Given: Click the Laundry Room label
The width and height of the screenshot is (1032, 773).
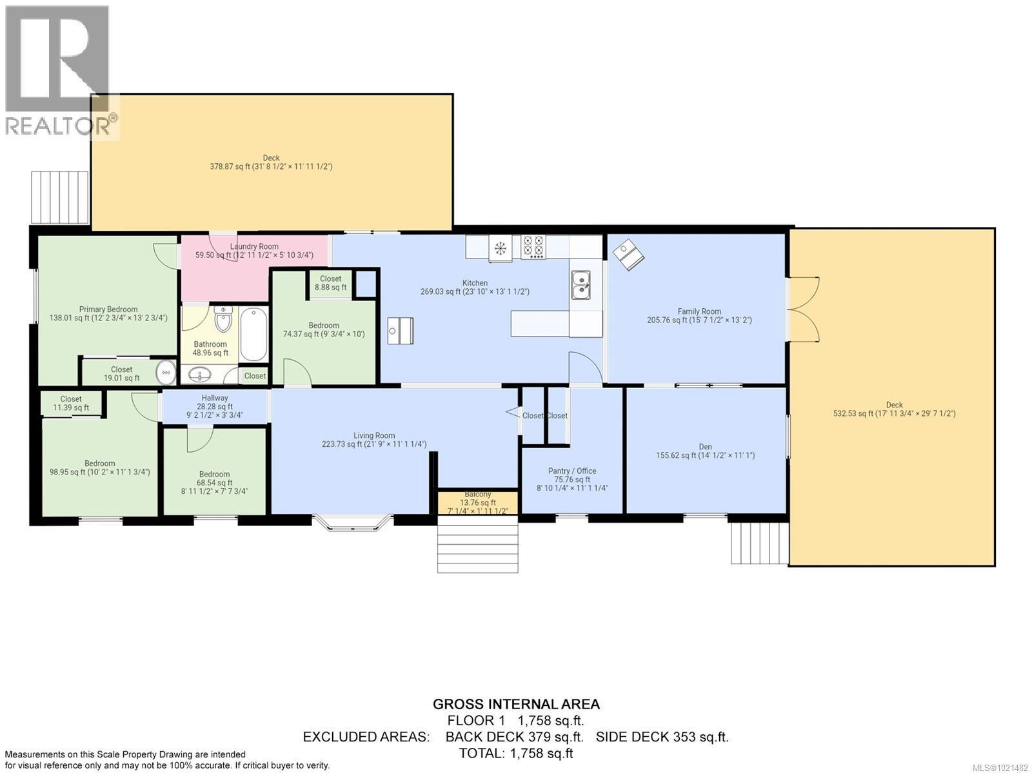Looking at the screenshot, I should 254,250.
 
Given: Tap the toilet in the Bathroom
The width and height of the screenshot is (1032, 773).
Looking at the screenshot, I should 223,319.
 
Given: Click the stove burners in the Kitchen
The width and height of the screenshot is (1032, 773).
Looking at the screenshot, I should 532,247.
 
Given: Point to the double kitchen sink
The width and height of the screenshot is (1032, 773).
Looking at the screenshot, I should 580,284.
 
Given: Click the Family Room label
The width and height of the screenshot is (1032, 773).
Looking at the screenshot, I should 699,315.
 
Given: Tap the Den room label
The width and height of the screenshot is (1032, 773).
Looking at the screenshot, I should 705,451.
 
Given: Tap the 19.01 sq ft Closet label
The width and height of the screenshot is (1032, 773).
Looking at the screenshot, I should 121,374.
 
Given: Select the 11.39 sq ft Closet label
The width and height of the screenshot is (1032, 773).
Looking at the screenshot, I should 71,403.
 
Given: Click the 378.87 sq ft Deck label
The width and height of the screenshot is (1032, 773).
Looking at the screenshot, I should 271,162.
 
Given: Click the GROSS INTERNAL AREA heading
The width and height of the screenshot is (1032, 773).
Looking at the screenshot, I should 516,704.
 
